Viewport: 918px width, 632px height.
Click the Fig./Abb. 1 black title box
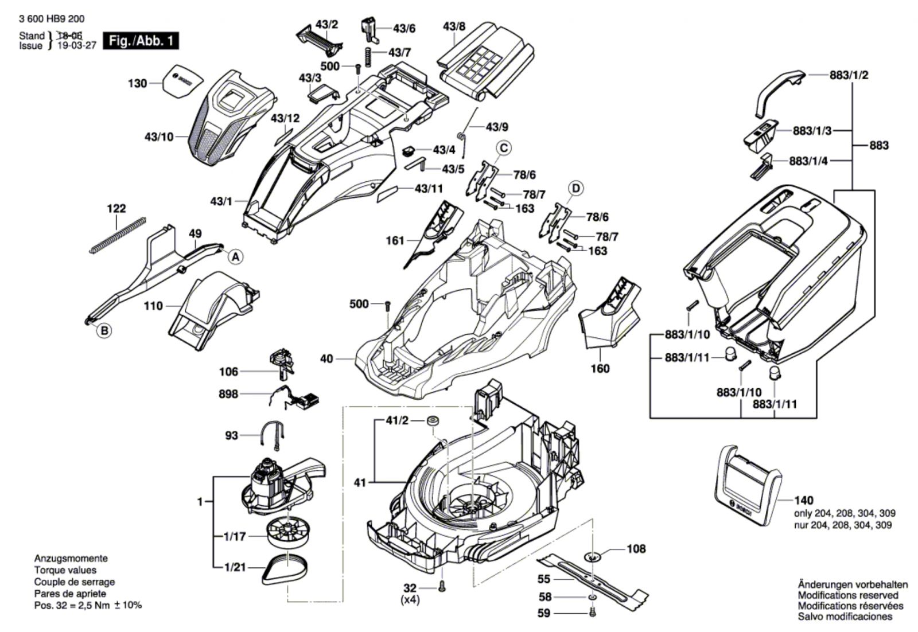(141, 41)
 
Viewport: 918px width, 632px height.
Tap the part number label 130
(137, 84)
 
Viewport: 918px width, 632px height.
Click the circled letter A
(235, 258)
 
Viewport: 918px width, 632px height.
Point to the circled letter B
(104, 330)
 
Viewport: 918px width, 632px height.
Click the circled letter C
(503, 149)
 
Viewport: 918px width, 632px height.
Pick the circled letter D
(575, 188)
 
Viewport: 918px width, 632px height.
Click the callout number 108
(636, 549)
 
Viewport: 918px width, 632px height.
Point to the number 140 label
(804, 500)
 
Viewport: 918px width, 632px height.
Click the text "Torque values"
(65, 570)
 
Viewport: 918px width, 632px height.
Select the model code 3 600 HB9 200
(52, 19)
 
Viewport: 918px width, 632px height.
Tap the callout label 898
(228, 394)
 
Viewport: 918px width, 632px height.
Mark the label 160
(600, 368)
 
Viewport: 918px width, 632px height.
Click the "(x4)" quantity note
(410, 599)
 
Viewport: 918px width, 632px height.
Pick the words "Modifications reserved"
(845, 595)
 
